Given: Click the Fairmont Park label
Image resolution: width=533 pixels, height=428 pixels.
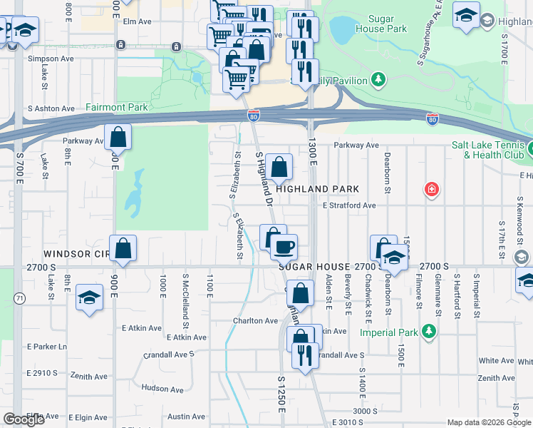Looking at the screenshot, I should [x=116, y=108].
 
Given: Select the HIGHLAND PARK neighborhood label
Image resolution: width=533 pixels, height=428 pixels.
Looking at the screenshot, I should [x=317, y=189].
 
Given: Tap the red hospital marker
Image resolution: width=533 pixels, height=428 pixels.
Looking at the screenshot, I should [x=431, y=189].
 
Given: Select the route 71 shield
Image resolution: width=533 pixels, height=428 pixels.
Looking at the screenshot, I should [x=20, y=299].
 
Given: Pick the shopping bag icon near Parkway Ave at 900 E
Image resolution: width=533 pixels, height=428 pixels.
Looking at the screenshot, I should [x=118, y=138].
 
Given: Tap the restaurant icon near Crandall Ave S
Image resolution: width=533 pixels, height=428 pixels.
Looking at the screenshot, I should [x=305, y=355].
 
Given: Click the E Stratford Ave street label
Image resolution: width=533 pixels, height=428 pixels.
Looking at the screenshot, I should [x=348, y=205].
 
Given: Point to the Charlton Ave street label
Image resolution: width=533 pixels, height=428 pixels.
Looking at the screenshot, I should [x=255, y=321].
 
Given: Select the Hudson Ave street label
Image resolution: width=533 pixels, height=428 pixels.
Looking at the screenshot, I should [x=163, y=388].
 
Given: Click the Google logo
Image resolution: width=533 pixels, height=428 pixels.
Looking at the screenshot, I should [x=24, y=419].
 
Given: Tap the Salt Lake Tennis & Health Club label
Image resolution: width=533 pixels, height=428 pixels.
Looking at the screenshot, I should [x=488, y=149].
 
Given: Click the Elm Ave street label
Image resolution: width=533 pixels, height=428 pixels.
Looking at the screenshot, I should [x=138, y=21].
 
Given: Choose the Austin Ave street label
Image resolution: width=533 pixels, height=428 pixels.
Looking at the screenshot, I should [x=187, y=417].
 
